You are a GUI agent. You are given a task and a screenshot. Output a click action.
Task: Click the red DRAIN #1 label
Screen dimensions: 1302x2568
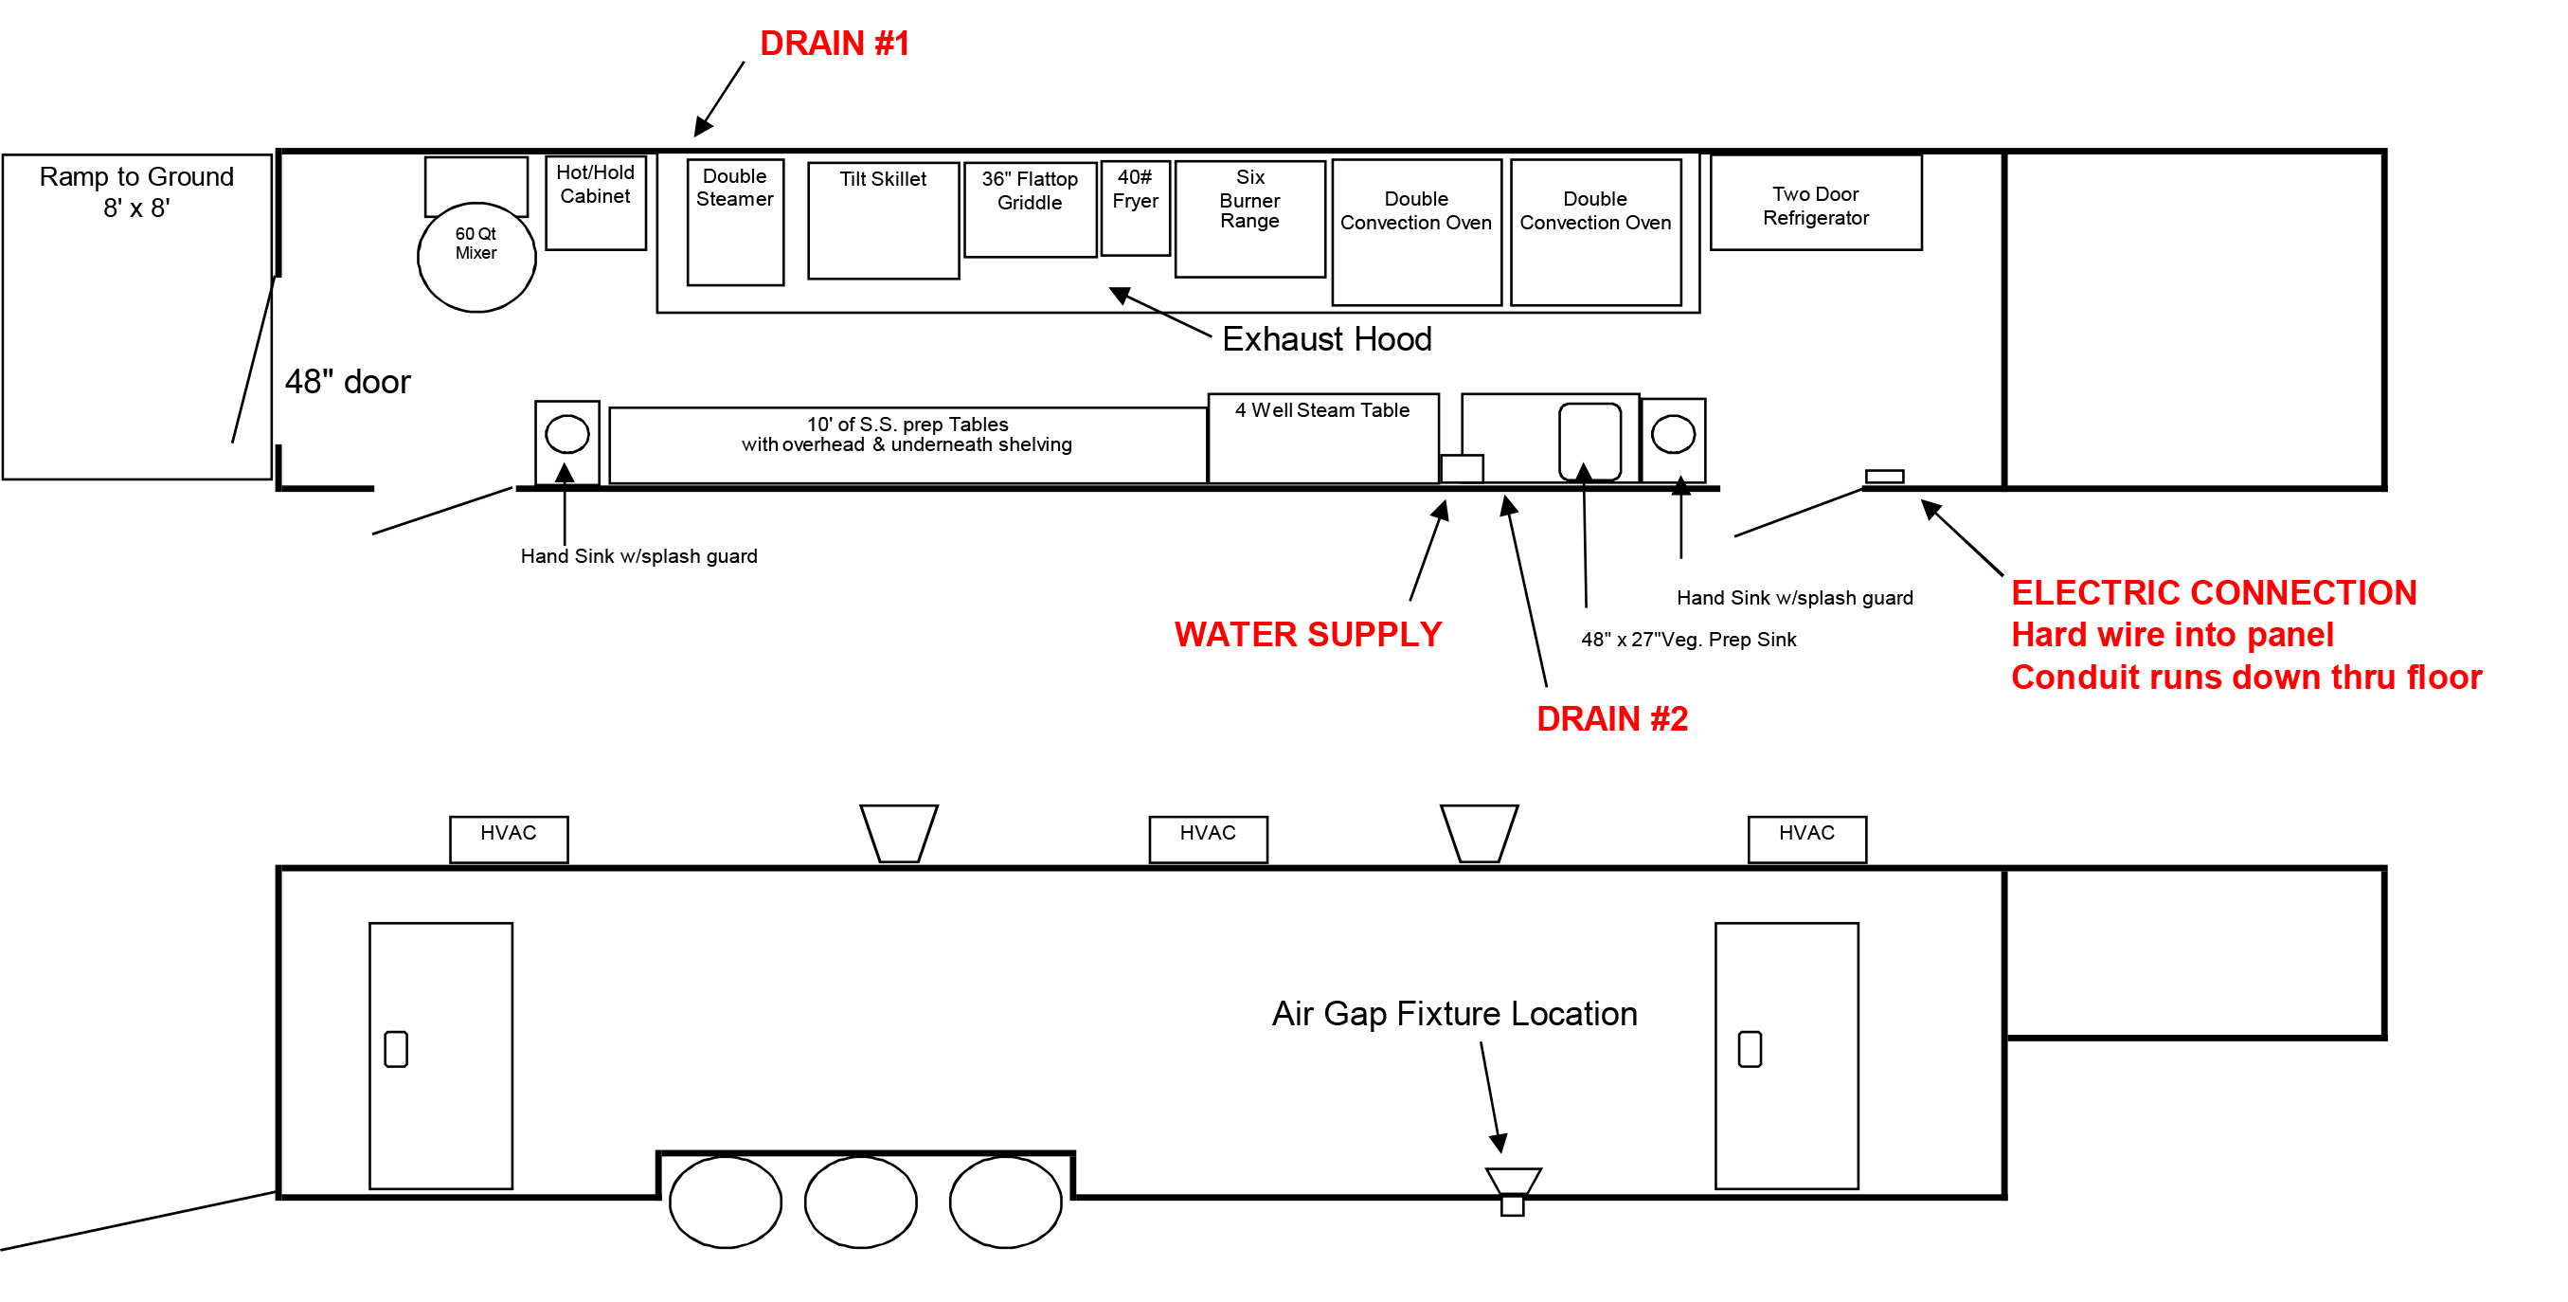click(834, 43)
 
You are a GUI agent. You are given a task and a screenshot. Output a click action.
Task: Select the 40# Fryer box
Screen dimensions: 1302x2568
click(1136, 208)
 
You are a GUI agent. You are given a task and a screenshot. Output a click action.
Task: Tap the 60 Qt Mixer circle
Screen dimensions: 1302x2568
click(476, 257)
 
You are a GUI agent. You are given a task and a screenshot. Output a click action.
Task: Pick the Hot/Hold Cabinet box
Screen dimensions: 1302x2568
click(595, 203)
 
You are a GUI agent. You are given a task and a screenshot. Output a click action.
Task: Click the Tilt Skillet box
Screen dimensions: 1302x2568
click(882, 221)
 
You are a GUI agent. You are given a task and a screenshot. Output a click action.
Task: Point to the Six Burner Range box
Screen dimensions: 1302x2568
click(1249, 218)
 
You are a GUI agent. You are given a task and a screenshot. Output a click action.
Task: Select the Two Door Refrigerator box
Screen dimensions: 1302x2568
click(1814, 203)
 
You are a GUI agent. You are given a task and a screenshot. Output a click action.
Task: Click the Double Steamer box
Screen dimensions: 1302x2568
click(735, 222)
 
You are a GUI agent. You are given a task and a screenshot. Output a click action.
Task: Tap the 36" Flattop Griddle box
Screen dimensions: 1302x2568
click(1030, 209)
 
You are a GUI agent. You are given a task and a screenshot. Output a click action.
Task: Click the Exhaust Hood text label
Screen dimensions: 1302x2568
click(1326, 339)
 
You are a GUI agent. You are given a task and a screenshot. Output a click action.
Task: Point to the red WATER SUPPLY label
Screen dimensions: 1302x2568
click(1307, 634)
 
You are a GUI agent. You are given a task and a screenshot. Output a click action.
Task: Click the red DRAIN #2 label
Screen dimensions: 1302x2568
click(1611, 717)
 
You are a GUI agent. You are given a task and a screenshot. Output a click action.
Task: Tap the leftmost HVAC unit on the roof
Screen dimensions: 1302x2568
click(509, 839)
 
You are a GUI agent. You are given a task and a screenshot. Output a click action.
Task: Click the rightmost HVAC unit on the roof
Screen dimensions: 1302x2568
click(1805, 839)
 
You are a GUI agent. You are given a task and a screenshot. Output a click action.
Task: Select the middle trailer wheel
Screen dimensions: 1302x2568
click(860, 1201)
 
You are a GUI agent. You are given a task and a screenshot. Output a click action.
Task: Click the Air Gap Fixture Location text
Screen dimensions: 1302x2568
click(1453, 1013)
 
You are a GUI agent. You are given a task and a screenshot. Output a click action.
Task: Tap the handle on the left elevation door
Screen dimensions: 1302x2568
click(396, 1048)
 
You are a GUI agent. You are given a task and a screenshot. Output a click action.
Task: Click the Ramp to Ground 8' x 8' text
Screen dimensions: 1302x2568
click(136, 191)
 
